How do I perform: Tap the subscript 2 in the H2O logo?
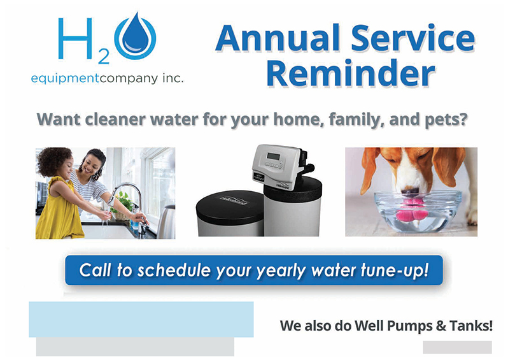pyautogui.click(x=103, y=59)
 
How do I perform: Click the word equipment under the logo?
pyautogui.click(x=63, y=79)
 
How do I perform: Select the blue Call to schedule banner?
pyautogui.click(x=253, y=271)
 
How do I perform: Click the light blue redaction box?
pyautogui.click(x=141, y=319)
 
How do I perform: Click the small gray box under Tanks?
pyautogui.click(x=457, y=347)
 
